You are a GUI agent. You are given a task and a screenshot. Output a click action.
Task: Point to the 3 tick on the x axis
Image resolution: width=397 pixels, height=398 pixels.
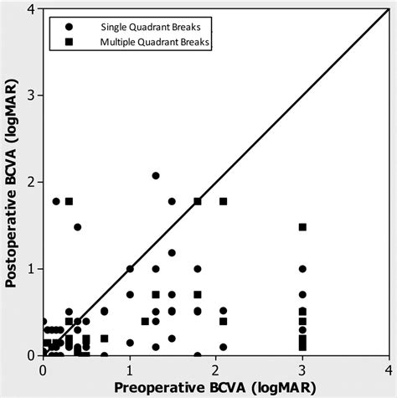pyautogui.click(x=302, y=355)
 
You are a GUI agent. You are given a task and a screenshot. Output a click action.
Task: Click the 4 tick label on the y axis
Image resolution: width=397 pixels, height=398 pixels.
pyautogui.click(x=31, y=9)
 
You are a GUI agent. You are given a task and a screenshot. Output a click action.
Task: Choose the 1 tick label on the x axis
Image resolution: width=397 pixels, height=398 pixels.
pyautogui.click(x=130, y=368)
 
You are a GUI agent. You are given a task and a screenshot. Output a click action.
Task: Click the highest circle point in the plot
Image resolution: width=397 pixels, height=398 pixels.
pyautogui.click(x=156, y=176)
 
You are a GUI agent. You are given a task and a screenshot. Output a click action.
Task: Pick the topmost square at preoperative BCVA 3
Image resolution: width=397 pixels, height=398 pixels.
pyautogui.click(x=302, y=227)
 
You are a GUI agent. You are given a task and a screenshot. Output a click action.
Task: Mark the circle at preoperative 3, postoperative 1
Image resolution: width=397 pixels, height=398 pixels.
pyautogui.click(x=302, y=269)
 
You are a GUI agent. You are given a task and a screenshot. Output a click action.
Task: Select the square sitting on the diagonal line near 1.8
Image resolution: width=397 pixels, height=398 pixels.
pyautogui.click(x=198, y=201)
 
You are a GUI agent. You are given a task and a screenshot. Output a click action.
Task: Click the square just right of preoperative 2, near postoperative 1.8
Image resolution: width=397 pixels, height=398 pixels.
pyautogui.click(x=224, y=201)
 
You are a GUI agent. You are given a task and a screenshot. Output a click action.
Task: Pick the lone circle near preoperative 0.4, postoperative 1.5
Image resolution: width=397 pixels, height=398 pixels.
pyautogui.click(x=78, y=227)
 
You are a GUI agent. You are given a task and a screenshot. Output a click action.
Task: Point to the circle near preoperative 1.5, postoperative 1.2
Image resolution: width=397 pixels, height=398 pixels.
pyautogui.click(x=173, y=252)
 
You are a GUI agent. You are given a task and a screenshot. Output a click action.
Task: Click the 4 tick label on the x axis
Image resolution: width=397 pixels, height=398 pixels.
pyautogui.click(x=389, y=368)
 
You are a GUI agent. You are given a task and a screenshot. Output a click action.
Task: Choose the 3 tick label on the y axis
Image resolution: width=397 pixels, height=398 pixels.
pyautogui.click(x=31, y=96)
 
